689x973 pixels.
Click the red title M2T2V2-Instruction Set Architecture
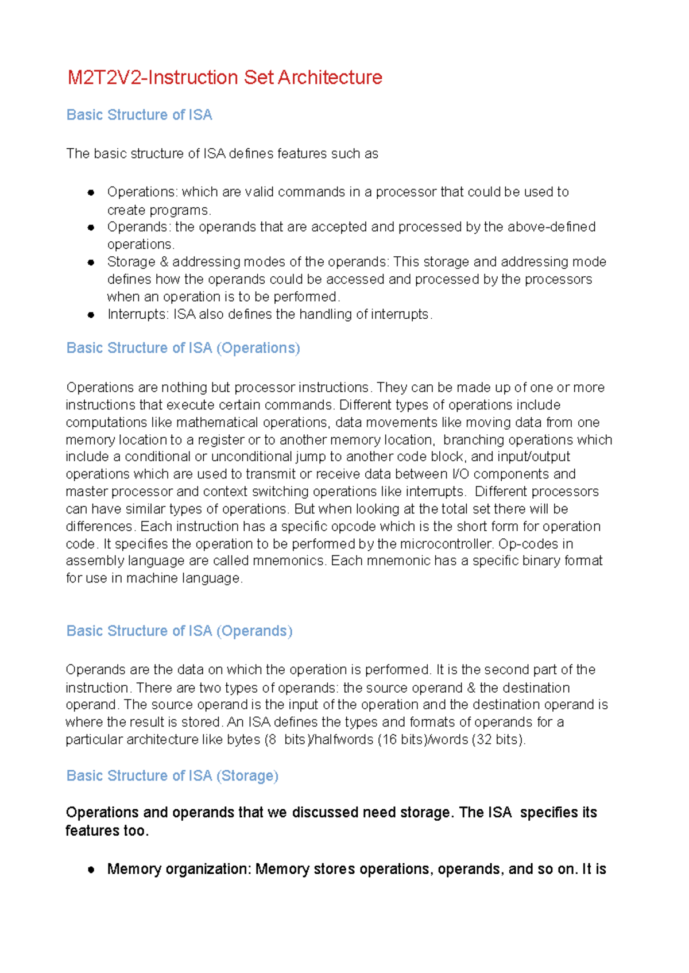pos(224,78)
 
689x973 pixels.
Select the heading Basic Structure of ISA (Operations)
pos(183,348)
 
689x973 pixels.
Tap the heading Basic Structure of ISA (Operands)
pos(179,631)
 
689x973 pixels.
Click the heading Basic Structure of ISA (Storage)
pos(172,775)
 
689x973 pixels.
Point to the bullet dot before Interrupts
pos(91,315)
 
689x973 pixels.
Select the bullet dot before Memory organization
pos(91,870)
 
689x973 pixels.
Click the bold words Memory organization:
pos(179,869)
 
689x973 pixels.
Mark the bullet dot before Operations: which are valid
pos(91,192)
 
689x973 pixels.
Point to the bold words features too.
pos(107,831)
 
